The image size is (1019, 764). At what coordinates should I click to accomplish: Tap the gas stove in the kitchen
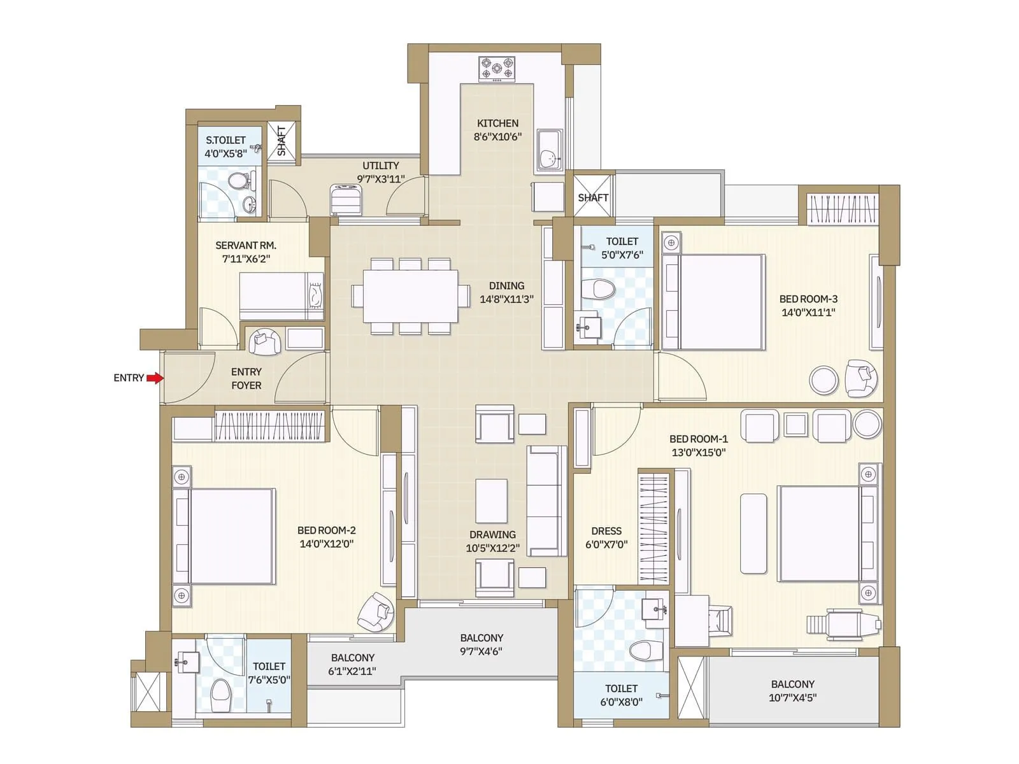(x=497, y=69)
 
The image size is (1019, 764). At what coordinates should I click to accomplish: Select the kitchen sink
(x=548, y=150)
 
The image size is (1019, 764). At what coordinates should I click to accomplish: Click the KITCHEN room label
(x=497, y=124)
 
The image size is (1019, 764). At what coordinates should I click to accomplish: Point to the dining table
(x=410, y=296)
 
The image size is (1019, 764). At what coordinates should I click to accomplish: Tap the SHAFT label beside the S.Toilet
(x=281, y=141)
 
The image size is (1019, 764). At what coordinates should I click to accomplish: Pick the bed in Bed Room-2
(x=232, y=536)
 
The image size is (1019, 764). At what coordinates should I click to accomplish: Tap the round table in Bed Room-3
(x=824, y=380)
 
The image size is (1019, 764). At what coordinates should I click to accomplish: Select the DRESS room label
(x=606, y=531)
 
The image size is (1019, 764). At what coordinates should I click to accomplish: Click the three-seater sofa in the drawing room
(x=546, y=500)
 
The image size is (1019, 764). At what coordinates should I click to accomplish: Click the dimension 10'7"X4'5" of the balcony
(x=792, y=698)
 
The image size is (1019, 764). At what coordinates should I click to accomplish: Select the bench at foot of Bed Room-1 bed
(x=753, y=533)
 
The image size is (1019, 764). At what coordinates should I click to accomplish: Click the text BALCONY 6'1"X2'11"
(x=352, y=664)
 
